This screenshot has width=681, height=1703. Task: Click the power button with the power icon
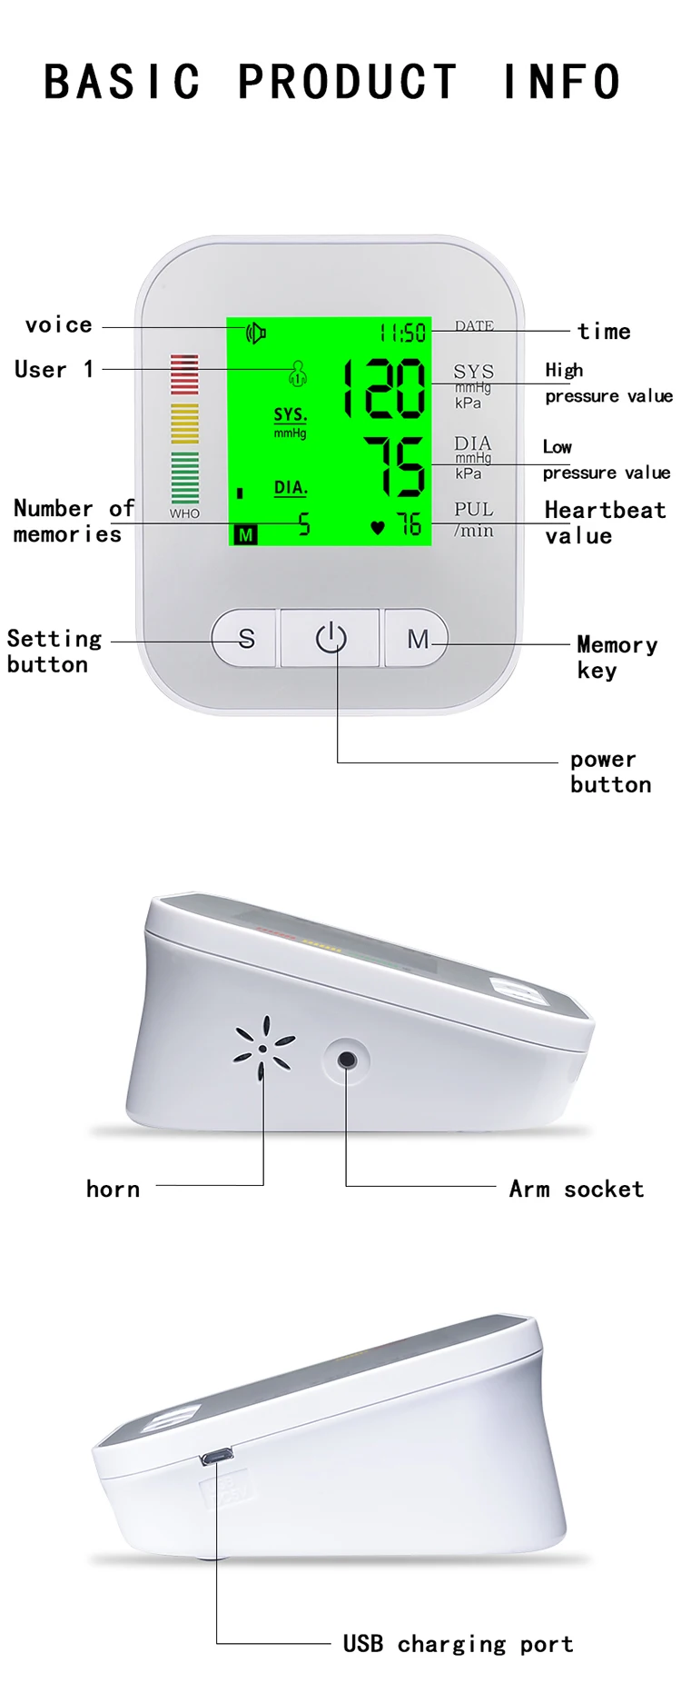pyautogui.click(x=331, y=638)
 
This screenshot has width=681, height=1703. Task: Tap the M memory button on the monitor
pyautogui.click(x=418, y=639)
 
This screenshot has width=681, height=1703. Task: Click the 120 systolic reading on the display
pyautogui.click(x=384, y=388)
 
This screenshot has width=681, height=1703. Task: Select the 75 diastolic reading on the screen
pyautogui.click(x=395, y=466)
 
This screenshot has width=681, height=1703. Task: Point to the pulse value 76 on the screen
pyautogui.click(x=409, y=524)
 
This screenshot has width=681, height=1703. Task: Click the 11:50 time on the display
pyautogui.click(x=402, y=333)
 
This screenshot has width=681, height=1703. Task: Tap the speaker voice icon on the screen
pyautogui.click(x=256, y=334)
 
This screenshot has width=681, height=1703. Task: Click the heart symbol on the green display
pyautogui.click(x=378, y=527)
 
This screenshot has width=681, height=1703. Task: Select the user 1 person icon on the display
pyautogui.click(x=298, y=372)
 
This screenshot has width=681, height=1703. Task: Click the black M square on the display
pyautogui.click(x=245, y=535)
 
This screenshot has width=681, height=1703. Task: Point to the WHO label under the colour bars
pyautogui.click(x=184, y=513)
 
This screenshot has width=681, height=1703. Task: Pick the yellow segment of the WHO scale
pyautogui.click(x=184, y=423)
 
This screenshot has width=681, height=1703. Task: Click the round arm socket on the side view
pyautogui.click(x=346, y=1060)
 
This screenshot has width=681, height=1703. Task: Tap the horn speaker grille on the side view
pyautogui.click(x=263, y=1049)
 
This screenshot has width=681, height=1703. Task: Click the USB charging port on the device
pyautogui.click(x=216, y=1457)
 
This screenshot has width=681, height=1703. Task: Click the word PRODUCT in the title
pyautogui.click(x=348, y=82)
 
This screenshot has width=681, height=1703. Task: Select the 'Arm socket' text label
pyautogui.click(x=577, y=1189)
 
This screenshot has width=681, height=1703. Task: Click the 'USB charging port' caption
pyautogui.click(x=458, y=1643)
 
